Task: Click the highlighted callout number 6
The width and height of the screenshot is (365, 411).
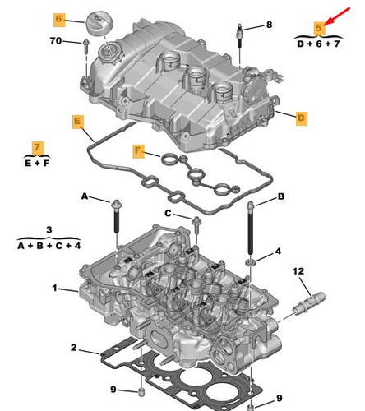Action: coord(59,20)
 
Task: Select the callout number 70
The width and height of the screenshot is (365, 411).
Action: coord(56,40)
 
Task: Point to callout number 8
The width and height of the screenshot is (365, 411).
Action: coord(269,25)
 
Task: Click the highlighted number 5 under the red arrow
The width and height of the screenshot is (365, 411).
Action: coord(319,28)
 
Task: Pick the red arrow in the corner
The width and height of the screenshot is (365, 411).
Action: coord(338,16)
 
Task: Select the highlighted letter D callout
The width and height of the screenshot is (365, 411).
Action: coord(302,118)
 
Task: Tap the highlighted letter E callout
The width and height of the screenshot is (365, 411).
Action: coord(78,122)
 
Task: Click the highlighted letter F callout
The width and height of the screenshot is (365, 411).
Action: coord(138,151)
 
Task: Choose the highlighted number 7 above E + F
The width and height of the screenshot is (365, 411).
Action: coord(37,147)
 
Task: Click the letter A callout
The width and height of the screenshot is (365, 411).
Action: coord(85,196)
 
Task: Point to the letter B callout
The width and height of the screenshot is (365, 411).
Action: coord(281,196)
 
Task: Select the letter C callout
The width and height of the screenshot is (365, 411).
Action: coord(168,213)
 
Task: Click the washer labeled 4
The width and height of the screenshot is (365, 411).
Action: coord(250,262)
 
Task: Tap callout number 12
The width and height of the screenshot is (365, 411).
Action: coord(298,271)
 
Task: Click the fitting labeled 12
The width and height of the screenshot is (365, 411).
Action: coord(309,303)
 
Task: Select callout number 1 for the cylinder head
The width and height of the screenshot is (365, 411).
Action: coord(55,288)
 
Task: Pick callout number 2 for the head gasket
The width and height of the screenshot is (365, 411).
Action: coord(73,348)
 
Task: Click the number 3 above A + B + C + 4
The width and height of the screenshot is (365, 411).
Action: coord(49,229)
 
